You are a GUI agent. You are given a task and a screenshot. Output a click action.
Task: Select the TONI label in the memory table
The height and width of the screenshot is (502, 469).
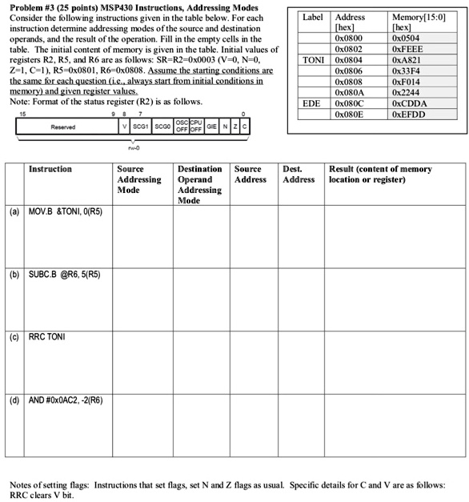tap(314, 58)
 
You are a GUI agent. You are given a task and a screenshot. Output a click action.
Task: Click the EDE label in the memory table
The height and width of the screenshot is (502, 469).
tap(311, 103)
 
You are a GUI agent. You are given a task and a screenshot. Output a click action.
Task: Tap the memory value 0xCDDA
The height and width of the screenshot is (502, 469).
tap(409, 103)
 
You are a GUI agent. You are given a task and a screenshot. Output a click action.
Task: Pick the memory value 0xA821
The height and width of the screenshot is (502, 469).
tap(407, 58)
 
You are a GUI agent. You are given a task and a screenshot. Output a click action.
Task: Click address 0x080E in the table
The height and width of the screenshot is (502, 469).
tap(350, 114)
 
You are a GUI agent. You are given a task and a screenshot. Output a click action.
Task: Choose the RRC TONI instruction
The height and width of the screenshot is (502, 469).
tap(48, 336)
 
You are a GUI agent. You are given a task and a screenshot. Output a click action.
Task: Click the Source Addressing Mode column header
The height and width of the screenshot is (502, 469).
tap(141, 180)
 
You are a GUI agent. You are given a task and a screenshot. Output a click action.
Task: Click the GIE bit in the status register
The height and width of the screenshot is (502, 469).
tap(210, 127)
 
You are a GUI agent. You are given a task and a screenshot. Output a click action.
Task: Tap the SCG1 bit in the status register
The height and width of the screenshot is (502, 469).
tap(145, 127)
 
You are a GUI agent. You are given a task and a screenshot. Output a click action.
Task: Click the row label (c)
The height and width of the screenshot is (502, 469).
tap(15, 336)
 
